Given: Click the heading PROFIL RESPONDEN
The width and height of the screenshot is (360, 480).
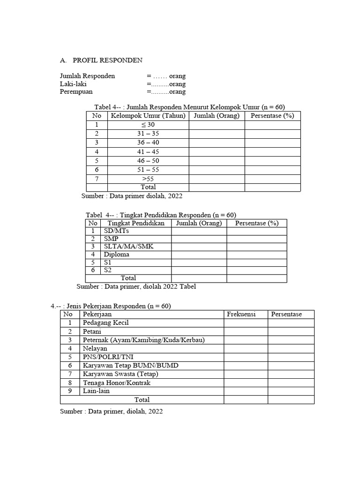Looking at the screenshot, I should point(107,60).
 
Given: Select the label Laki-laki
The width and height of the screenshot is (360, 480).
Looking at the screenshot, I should point(73,84).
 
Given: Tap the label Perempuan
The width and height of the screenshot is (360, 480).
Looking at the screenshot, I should point(76,92).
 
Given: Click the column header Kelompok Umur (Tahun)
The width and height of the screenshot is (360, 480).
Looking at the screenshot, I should point(148,116).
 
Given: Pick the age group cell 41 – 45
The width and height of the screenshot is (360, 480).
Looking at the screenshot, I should point(148,151).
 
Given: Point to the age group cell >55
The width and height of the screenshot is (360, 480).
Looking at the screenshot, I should point(148,179).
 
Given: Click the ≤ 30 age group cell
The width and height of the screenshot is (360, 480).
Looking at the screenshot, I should point(148,125).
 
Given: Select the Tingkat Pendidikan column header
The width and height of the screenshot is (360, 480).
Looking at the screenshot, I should point(136,223).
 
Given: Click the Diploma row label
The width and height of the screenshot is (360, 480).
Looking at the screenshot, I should point(116,255).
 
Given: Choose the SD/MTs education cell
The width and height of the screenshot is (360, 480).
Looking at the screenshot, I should point(116,231).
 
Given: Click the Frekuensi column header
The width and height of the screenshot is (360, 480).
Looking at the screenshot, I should point(241,314).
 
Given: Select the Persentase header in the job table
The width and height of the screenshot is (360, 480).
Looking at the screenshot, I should point(286,314).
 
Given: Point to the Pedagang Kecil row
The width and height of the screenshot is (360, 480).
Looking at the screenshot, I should point(105,323).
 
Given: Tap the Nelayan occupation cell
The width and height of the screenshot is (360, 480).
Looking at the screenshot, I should point(95,348).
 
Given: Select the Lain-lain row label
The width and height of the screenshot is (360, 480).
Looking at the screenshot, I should point(96,390).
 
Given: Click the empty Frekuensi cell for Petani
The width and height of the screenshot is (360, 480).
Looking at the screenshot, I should point(246,331).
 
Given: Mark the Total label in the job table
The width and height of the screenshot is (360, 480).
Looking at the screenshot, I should point(142,399).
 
